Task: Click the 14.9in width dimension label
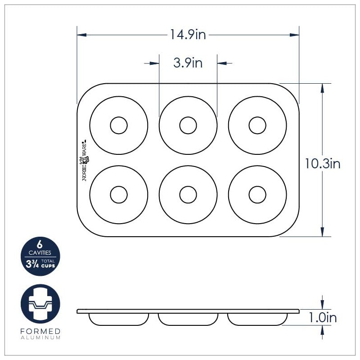(188, 35)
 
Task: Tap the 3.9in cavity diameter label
(188, 63)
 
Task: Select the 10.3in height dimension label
(322, 164)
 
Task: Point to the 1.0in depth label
(322, 318)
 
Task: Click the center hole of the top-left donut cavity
(119, 125)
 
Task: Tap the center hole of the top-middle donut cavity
(188, 125)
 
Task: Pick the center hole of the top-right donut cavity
(257, 125)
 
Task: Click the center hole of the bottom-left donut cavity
(119, 194)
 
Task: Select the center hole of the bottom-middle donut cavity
(188, 194)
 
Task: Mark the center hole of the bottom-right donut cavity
(257, 194)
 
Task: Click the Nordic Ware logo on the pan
(84, 160)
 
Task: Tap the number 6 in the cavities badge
(40, 245)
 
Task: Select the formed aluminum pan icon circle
(40, 304)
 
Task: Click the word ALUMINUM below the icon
(40, 337)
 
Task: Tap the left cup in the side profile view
(119, 319)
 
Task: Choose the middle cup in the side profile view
(188, 319)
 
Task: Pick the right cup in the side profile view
(257, 319)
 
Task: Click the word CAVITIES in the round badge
(40, 253)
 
